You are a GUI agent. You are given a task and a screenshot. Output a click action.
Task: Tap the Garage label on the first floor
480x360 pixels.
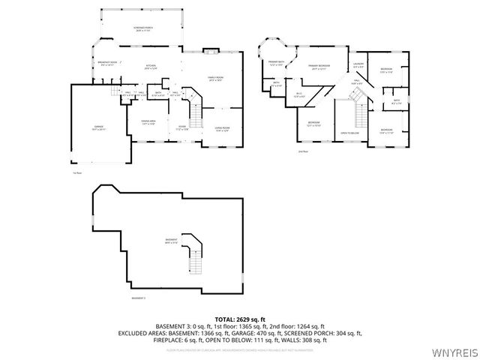(98, 128)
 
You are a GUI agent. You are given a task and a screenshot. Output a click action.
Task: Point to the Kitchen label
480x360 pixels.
(150, 67)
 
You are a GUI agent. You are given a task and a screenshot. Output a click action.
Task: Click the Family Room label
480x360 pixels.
(217, 79)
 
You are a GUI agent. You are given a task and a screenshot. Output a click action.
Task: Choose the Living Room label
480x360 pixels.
(222, 129)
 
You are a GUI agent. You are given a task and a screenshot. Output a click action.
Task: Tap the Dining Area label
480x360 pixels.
(148, 121)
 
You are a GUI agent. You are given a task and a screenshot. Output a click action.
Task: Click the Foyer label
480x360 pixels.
(182, 127)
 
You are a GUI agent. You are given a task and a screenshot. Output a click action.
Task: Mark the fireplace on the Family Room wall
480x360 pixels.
(211, 52)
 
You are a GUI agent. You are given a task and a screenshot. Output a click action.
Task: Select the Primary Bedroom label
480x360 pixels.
(319, 67)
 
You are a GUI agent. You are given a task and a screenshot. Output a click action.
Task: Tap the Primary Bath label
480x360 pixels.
(276, 63)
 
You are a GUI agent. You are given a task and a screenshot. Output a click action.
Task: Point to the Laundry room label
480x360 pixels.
(359, 65)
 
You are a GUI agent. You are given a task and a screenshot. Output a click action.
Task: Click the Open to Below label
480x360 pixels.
(349, 133)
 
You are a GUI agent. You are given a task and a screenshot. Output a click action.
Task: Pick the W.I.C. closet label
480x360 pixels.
(299, 95)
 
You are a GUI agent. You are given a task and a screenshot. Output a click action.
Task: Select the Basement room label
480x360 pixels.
(171, 241)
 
